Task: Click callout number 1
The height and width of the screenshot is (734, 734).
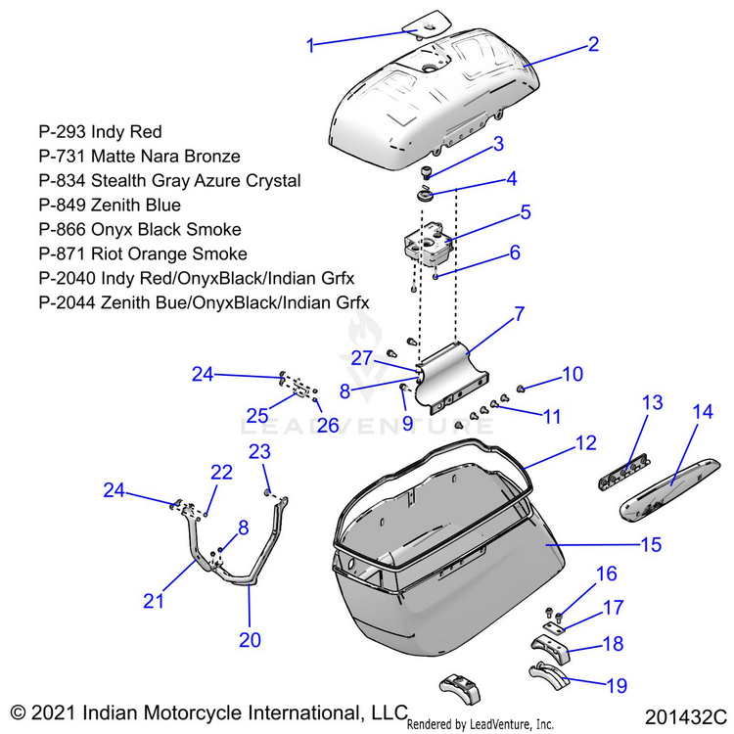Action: click(x=310, y=44)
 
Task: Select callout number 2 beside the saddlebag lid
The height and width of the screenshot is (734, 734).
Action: click(x=593, y=44)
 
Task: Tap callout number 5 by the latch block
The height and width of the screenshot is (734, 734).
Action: click(x=525, y=211)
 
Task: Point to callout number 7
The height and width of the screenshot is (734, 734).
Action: click(x=520, y=315)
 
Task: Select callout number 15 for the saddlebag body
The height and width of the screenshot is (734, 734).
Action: click(x=651, y=543)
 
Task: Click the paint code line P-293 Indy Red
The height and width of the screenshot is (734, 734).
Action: click(x=100, y=131)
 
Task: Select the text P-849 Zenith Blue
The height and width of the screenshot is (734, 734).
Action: click(x=110, y=206)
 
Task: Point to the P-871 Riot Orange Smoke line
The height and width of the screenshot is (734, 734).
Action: click(x=134, y=280)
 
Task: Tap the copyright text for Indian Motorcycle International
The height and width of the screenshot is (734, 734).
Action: click(x=207, y=711)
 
